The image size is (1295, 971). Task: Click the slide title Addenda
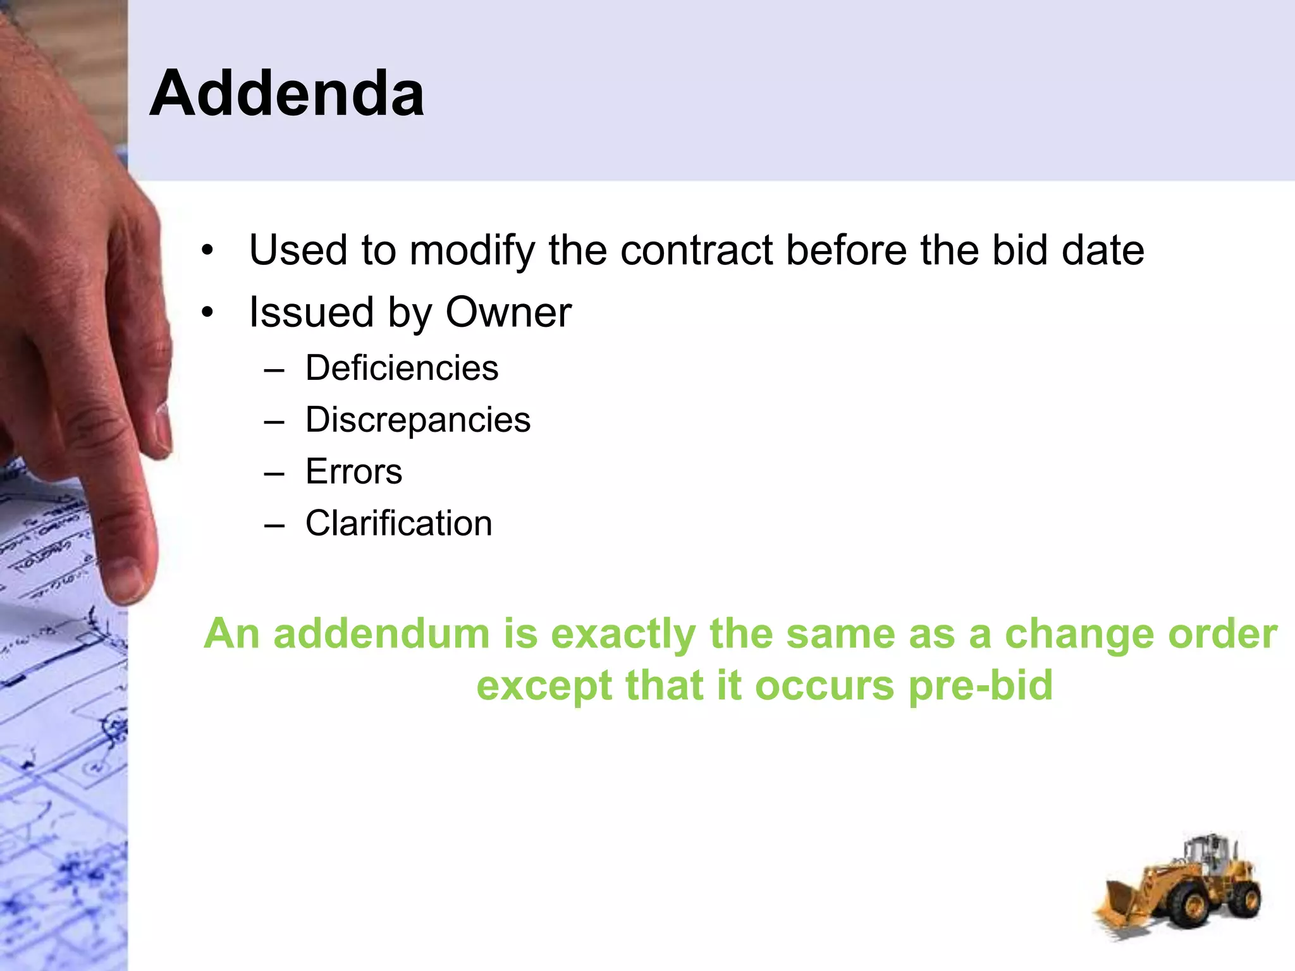(286, 94)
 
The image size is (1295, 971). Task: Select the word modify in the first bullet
(472, 250)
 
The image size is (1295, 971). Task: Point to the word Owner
(508, 312)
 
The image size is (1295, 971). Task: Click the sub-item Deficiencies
(402, 368)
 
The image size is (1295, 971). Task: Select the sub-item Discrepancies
(417, 420)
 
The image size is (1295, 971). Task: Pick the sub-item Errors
(353, 472)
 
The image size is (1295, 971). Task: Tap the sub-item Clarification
(398, 523)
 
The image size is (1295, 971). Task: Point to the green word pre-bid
(980, 685)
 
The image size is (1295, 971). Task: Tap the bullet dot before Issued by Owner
(207, 313)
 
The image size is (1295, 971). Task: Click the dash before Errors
(274, 473)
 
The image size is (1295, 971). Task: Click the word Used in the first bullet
(298, 250)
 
